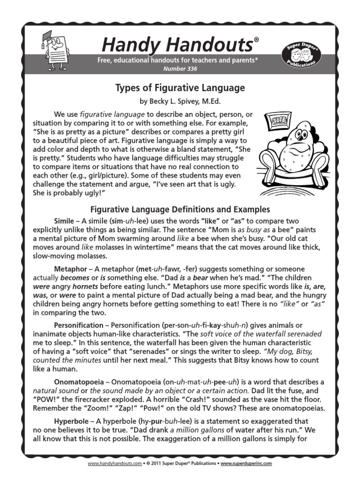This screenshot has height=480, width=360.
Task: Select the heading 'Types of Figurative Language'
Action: click(180, 88)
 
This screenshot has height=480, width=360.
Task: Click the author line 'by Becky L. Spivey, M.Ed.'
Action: click(180, 101)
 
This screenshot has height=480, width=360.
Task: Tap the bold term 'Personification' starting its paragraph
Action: click(78, 325)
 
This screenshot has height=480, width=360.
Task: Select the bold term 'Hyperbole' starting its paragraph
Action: click(71, 420)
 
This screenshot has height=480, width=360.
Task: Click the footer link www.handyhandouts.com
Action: click(114, 463)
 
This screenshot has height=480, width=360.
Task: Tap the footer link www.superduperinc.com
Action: click(246, 463)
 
